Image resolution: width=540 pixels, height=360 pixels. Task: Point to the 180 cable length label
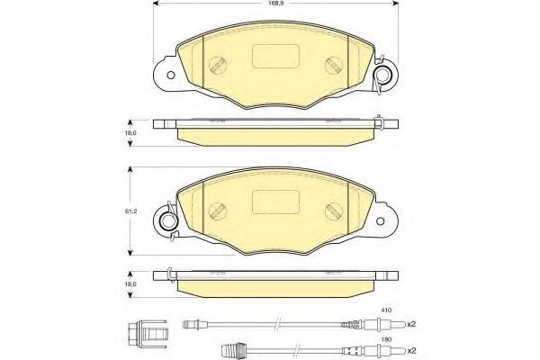pos(384,339)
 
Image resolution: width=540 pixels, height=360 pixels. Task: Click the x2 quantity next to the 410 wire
pos(411,324)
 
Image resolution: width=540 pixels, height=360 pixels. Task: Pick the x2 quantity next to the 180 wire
pos(411,350)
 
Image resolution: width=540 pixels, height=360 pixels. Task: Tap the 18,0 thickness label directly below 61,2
pos(131,284)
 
